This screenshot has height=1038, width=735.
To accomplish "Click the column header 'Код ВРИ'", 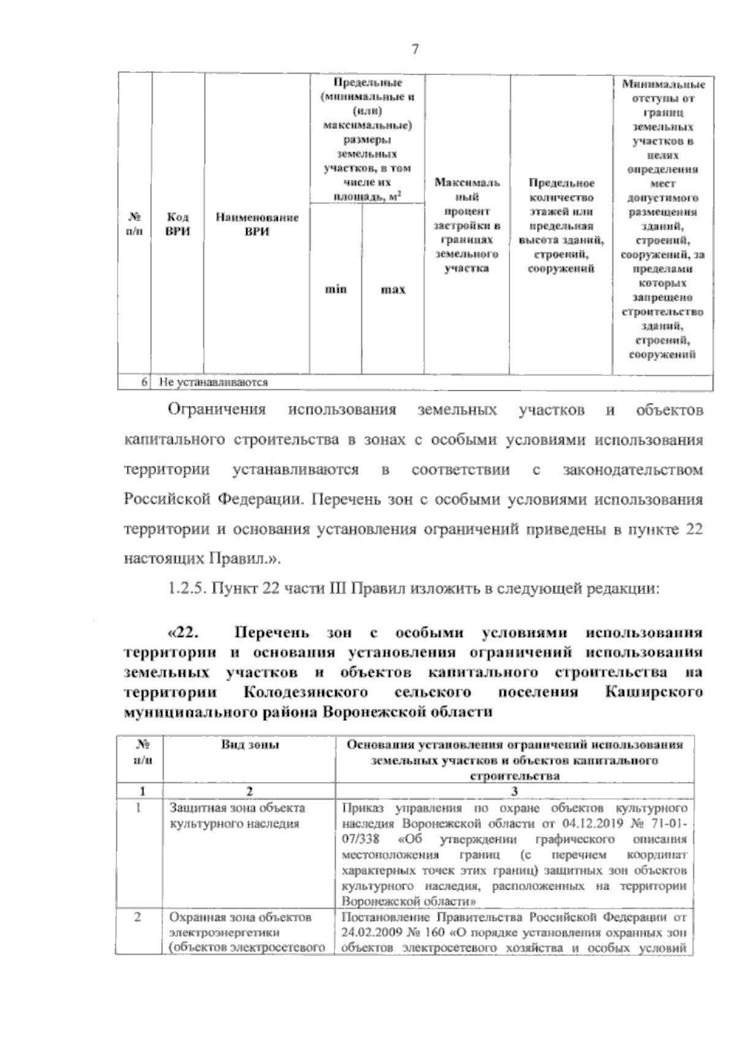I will [x=178, y=224].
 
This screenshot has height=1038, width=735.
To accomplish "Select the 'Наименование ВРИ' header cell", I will [x=257, y=224].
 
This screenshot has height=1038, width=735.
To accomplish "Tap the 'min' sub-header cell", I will [x=335, y=288].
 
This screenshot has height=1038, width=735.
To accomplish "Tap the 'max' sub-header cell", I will [x=393, y=289].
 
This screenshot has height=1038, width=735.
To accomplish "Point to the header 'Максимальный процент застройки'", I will [x=467, y=225].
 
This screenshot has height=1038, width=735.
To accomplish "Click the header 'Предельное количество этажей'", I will [x=561, y=225].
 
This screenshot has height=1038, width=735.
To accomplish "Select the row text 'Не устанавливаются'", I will [x=214, y=383].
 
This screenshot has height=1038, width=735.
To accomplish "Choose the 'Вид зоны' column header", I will [x=250, y=745].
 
